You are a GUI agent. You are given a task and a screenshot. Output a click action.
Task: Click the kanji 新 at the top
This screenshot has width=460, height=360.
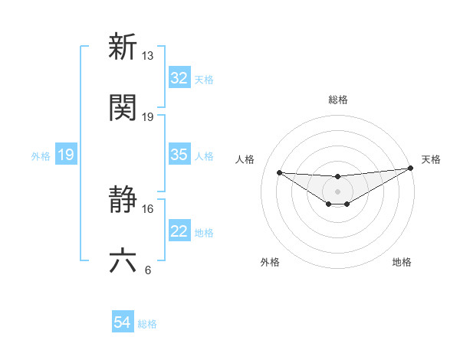coord(123,47)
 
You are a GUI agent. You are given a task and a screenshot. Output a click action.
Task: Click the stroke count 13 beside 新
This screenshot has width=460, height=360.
coord(148,56)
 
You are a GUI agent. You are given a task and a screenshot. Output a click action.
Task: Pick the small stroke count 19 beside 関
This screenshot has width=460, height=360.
coord(148,116)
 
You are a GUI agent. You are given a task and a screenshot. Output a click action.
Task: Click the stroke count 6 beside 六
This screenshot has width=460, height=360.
coord(148,270)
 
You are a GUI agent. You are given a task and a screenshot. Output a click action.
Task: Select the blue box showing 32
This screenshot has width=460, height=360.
coord(179,78)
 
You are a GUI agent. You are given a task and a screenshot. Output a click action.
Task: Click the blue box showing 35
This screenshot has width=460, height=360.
coord(179,155)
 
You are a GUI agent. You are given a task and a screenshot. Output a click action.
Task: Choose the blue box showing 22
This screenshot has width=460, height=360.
coord(179,232)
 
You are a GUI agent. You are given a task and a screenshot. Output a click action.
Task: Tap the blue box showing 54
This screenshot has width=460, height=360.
coord(123,323)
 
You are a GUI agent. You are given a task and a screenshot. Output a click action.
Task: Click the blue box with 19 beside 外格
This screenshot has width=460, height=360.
coord(66,155)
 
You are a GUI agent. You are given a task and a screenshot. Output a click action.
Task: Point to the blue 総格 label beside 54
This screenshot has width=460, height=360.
coord(147,324)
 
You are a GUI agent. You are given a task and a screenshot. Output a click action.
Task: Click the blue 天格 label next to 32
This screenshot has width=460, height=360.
coord(204,79)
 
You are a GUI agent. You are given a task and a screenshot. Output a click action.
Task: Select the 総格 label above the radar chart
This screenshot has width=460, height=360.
coord(337,100)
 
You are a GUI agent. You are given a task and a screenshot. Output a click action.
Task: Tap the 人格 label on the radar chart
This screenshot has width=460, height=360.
coord(246,159)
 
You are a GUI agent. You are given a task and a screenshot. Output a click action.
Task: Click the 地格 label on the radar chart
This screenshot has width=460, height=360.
coord(402,262)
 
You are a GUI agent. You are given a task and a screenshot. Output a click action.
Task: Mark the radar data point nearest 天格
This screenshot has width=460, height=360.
coord(410,169)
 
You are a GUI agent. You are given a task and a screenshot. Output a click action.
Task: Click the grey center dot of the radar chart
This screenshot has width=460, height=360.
coord(337,191)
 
